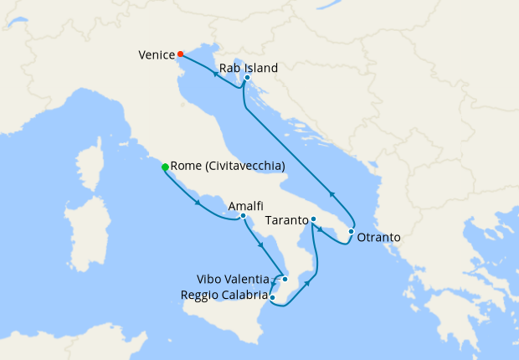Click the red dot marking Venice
(x=180, y=54)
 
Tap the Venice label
(x=157, y=55)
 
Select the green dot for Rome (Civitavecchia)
(x=165, y=167)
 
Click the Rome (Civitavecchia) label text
(x=228, y=167)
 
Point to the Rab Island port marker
(x=247, y=78)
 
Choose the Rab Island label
(x=248, y=68)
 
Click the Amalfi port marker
(x=243, y=216)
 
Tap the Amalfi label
(x=246, y=206)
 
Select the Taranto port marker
(x=313, y=219)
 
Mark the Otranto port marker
(x=351, y=231)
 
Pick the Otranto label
(x=378, y=238)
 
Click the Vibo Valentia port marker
(x=285, y=279)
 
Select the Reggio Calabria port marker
(x=273, y=296)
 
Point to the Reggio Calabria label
(x=224, y=295)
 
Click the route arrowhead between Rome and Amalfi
(x=198, y=203)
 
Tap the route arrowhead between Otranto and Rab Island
(x=331, y=193)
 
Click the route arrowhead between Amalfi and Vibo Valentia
(x=263, y=245)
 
